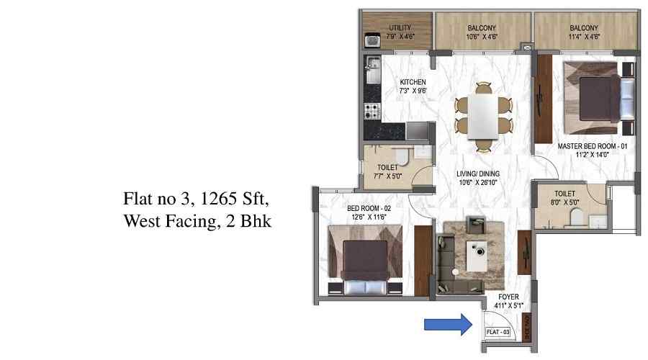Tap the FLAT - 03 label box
coord(498,331)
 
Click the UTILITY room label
coord(400,28)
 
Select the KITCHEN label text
coord(413,82)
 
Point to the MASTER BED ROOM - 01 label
coord(593,146)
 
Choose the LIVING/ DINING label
coord(478,174)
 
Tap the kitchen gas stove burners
coord(372,112)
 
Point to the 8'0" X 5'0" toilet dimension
coord(564,202)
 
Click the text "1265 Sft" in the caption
coord(240,198)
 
